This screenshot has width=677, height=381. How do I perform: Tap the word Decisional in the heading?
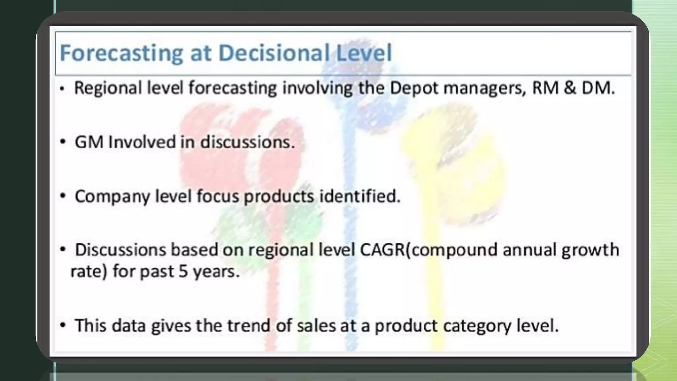[273, 53]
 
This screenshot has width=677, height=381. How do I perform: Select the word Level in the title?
[364, 53]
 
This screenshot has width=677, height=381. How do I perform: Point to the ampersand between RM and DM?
[570, 88]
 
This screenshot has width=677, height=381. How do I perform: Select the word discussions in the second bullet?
[247, 142]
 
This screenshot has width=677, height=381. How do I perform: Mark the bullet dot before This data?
[63, 326]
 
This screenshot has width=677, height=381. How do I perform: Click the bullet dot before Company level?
[63, 196]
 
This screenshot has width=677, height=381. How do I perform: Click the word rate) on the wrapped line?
[89, 272]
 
